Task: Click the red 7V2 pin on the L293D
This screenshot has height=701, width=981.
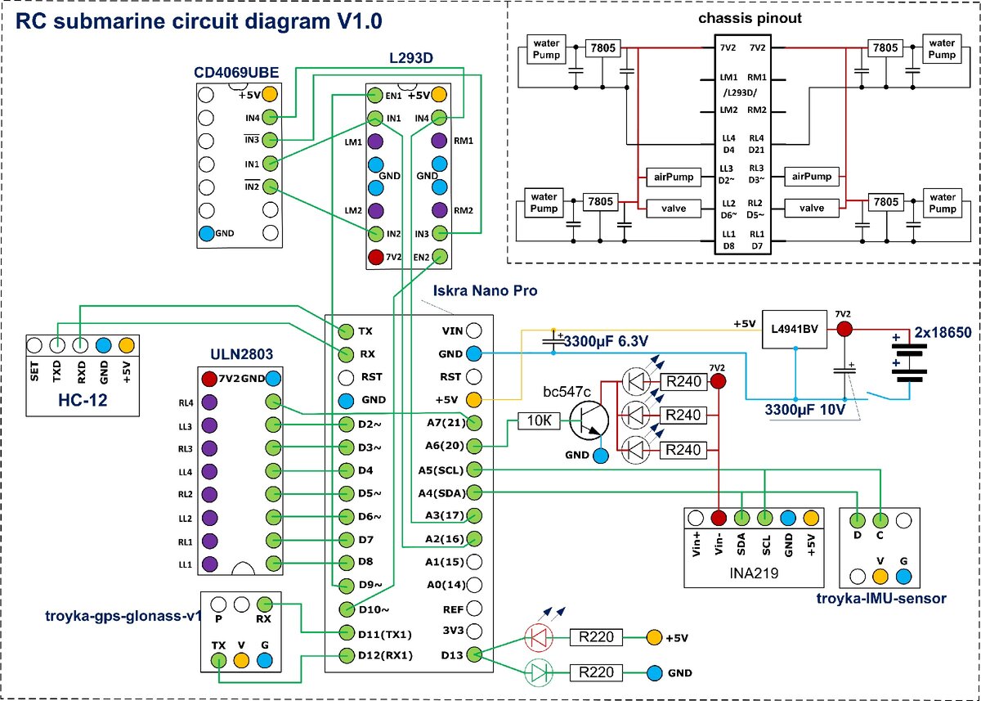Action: coord(374,257)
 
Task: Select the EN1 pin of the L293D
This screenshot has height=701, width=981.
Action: coord(374,96)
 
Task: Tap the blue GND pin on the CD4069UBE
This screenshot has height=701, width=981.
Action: coord(207,233)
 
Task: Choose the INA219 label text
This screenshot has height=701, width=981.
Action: coord(751,574)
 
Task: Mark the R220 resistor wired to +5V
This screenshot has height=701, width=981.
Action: coord(596,636)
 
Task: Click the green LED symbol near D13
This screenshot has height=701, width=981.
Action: coord(537,672)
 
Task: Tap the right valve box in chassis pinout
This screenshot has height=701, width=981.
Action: coord(812,209)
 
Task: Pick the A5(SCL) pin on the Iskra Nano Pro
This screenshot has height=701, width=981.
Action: coord(475,470)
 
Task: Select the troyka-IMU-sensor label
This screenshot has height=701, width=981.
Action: coord(880,599)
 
